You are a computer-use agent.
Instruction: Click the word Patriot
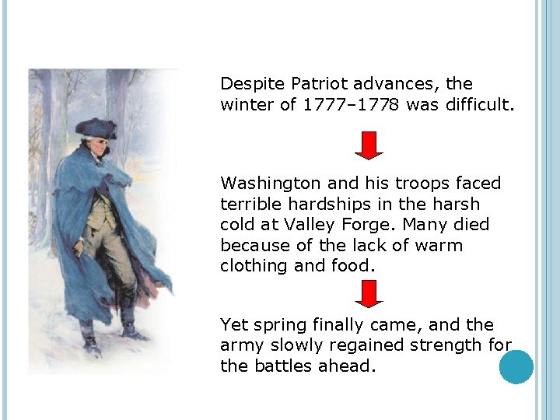pyautogui.click(x=317, y=84)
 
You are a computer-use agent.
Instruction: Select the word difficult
pyautogui.click(x=477, y=104)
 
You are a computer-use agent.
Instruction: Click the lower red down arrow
pyautogui.click(x=369, y=294)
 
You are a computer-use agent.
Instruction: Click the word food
pyautogui.click(x=350, y=266)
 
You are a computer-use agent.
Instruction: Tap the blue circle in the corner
pyautogui.click(x=516, y=367)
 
